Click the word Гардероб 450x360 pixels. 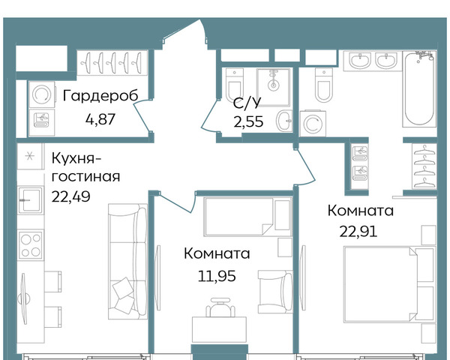[x=100, y=96]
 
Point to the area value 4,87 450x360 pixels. [x=100, y=118]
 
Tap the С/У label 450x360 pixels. [x=247, y=103]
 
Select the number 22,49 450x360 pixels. [x=71, y=196]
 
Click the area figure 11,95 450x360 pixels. [x=217, y=276]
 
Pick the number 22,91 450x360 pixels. [x=358, y=232]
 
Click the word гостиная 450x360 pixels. [x=85, y=176]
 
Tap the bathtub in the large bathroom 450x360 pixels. [x=419, y=88]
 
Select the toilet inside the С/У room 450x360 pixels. [x=235, y=84]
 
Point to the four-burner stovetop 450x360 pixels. [x=31, y=244]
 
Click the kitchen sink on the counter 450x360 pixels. [x=31, y=200]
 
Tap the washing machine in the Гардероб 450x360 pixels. [x=42, y=94]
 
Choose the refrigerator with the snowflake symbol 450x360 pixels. [x=30, y=156]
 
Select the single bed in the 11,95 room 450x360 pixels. [x=248, y=217]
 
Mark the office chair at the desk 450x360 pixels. [x=220, y=307]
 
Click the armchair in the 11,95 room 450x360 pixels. [x=275, y=292]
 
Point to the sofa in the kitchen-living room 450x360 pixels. [x=127, y=261]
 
